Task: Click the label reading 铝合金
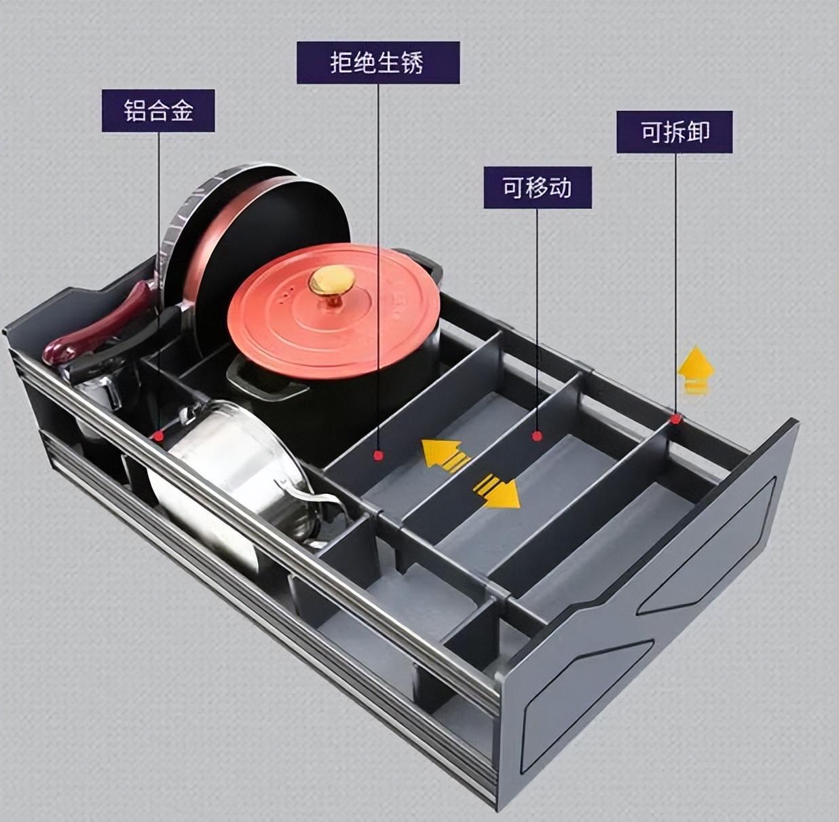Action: point(158,111)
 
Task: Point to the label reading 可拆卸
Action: point(675,132)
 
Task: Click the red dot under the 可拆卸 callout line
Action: point(675,419)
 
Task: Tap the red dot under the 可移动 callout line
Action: point(538,436)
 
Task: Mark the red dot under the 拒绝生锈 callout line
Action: point(378,455)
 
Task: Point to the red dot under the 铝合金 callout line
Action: point(159,435)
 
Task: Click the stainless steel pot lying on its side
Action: point(235,475)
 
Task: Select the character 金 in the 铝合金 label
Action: point(181,111)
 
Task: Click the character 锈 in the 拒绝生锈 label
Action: point(412,62)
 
